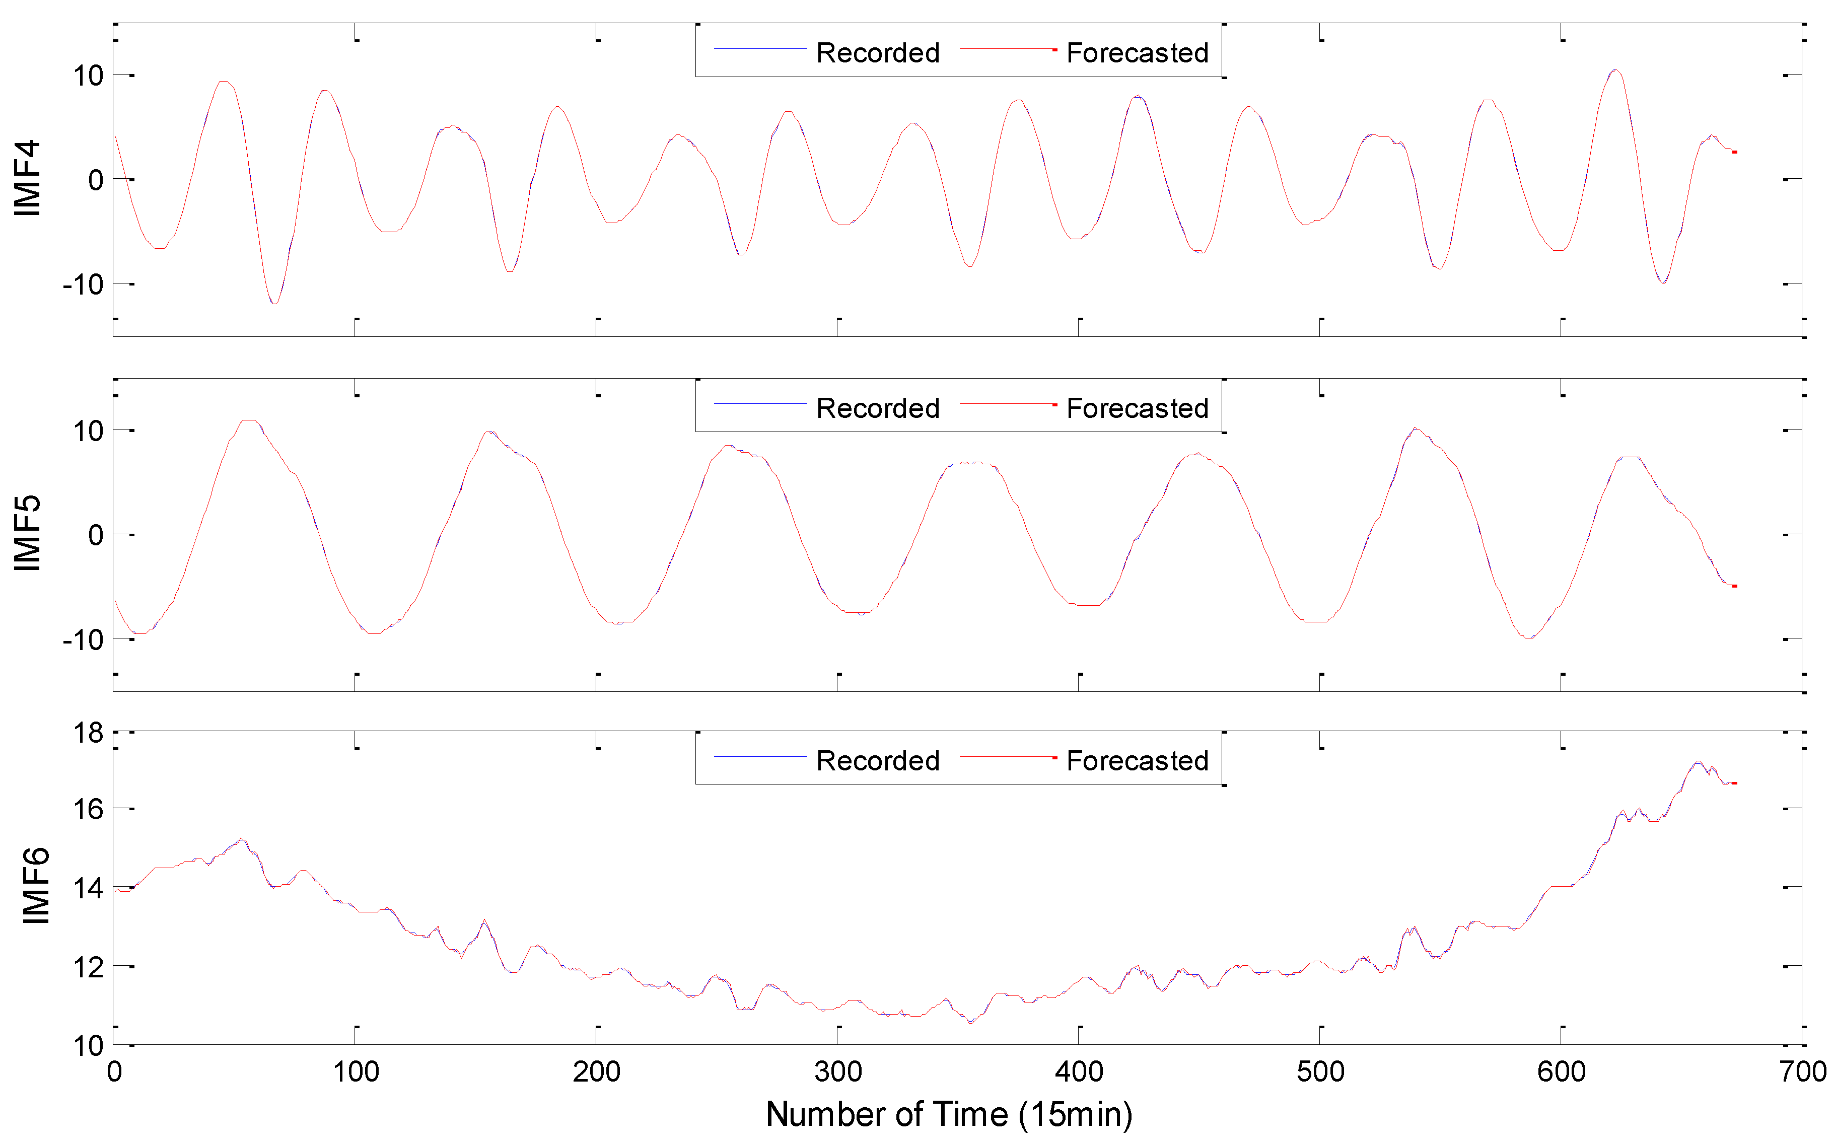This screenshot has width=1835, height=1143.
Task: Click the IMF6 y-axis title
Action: (36, 886)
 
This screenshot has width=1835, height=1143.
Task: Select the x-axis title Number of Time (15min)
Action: (949, 1114)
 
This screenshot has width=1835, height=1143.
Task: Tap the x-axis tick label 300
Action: (838, 1072)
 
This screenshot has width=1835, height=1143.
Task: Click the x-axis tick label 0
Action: (114, 1072)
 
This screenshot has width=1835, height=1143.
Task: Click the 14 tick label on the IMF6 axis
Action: (88, 888)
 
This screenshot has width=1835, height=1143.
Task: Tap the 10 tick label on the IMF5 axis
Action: (88, 431)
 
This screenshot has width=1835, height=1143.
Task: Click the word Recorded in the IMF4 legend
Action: (878, 53)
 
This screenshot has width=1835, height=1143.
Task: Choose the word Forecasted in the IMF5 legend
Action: (1137, 408)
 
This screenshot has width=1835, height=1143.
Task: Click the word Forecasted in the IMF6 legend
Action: (1137, 760)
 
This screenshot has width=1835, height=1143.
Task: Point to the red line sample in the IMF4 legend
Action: (1007, 49)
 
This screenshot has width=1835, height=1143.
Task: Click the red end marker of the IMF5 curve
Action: (1734, 586)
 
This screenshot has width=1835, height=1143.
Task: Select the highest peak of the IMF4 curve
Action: (1615, 70)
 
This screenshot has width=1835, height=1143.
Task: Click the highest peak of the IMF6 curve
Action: (1698, 761)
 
